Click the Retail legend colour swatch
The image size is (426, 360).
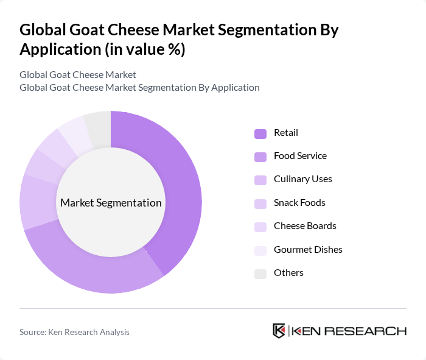(x=260, y=133)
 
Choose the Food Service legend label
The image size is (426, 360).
(x=300, y=156)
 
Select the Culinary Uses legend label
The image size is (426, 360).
(x=302, y=179)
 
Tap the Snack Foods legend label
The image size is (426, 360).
(x=299, y=202)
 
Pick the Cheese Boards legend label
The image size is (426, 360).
(x=305, y=226)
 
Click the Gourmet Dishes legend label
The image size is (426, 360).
(x=308, y=249)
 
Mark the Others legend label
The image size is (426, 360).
(x=288, y=272)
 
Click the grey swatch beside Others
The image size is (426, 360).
(x=260, y=273)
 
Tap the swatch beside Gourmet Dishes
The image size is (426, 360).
(x=260, y=250)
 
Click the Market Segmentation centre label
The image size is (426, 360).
(x=111, y=203)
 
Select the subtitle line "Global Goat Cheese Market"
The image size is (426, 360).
(x=77, y=74)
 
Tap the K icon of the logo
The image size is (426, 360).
(x=279, y=331)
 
